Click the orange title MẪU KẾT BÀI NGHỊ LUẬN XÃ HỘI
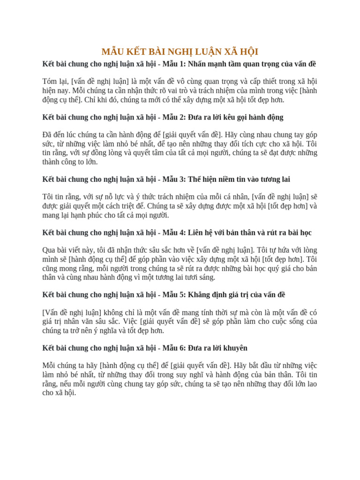(180, 52)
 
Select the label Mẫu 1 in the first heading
(173, 64)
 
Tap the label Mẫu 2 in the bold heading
(173, 117)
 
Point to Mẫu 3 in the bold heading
(173, 179)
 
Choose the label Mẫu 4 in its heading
(173, 232)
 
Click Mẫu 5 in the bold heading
(173, 295)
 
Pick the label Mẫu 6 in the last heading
(173, 348)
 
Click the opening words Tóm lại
(55, 82)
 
